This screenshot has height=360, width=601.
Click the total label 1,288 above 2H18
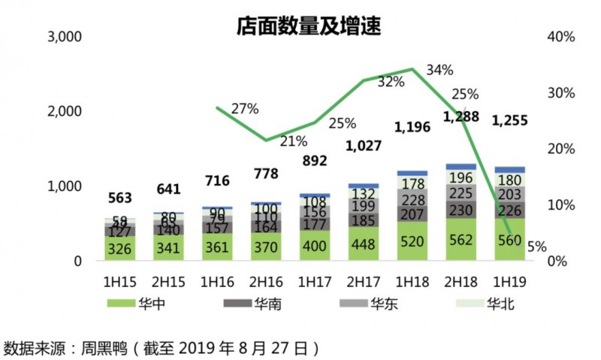point(462,116)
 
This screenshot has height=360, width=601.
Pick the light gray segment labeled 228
point(412,199)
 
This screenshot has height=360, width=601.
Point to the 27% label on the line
point(244,108)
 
